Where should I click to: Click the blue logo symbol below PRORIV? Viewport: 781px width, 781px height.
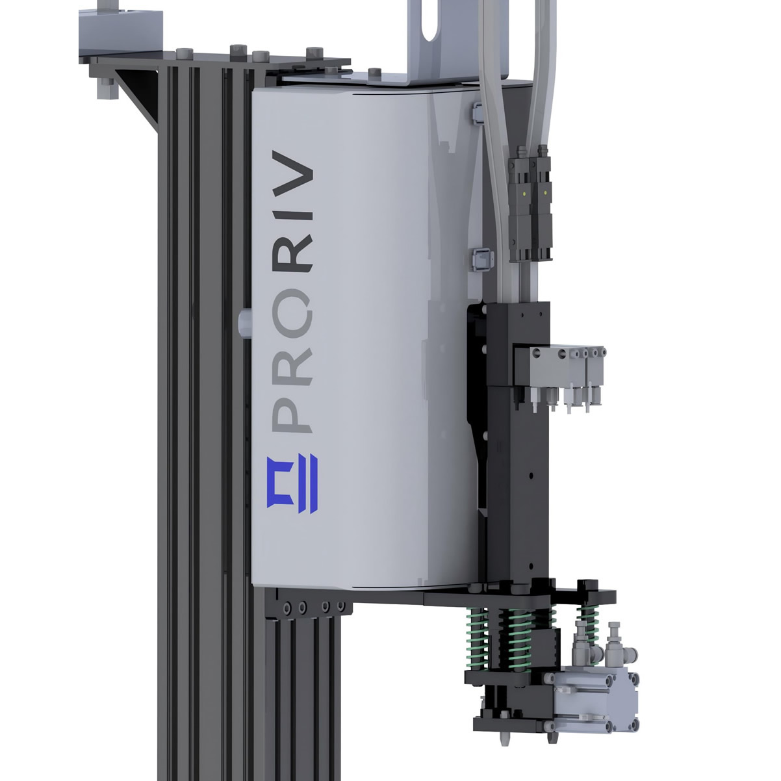click(x=292, y=485)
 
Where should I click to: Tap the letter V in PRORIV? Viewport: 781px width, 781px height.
click(x=292, y=172)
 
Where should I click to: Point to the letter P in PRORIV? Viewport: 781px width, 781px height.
click(x=292, y=417)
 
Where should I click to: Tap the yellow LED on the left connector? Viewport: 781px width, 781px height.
click(x=525, y=194)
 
